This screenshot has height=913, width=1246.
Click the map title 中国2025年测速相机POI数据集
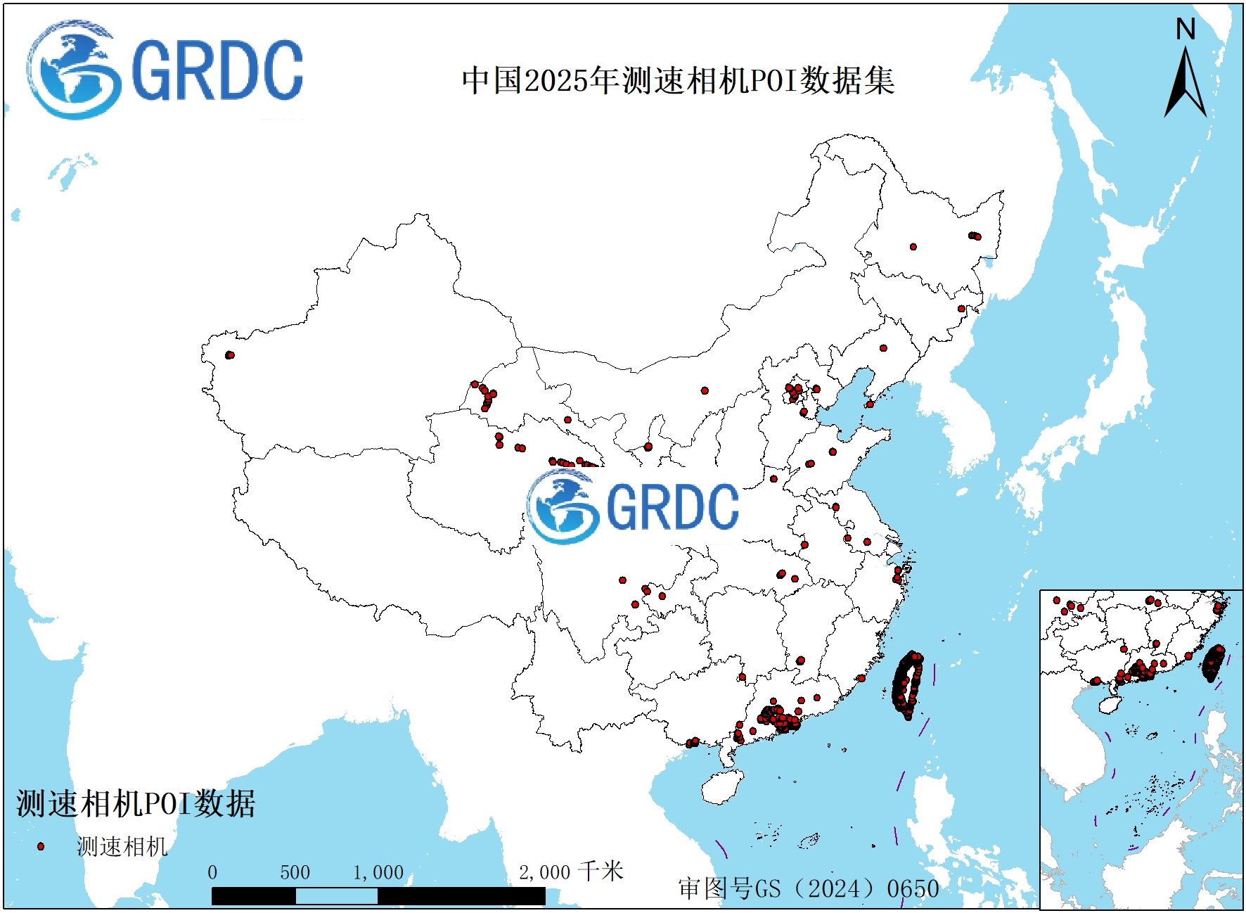678,80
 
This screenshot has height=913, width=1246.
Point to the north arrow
1186,84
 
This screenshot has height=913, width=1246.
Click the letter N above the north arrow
1186,30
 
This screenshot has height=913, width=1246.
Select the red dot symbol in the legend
41,846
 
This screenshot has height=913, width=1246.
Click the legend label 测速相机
122,846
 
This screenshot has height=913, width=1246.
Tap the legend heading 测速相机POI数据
136,803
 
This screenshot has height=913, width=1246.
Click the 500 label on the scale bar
295,872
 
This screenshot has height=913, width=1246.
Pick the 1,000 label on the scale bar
378,872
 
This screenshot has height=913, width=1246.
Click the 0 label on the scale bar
212,872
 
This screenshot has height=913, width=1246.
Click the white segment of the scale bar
336,895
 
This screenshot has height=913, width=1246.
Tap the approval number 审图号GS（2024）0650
809,888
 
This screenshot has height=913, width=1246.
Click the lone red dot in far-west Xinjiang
229,355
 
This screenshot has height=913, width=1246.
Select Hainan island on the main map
723,786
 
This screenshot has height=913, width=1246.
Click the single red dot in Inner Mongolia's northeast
913,247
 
